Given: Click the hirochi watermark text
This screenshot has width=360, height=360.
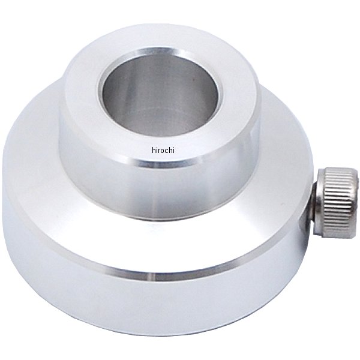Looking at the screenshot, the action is [163, 150].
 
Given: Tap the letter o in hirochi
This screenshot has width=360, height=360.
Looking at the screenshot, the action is [163, 151].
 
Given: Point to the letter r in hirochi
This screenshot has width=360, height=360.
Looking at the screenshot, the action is [159, 151].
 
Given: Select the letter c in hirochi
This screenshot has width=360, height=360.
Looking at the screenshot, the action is [167, 151].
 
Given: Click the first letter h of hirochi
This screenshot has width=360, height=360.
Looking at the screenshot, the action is [154, 150].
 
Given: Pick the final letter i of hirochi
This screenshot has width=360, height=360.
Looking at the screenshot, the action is [174, 150].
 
